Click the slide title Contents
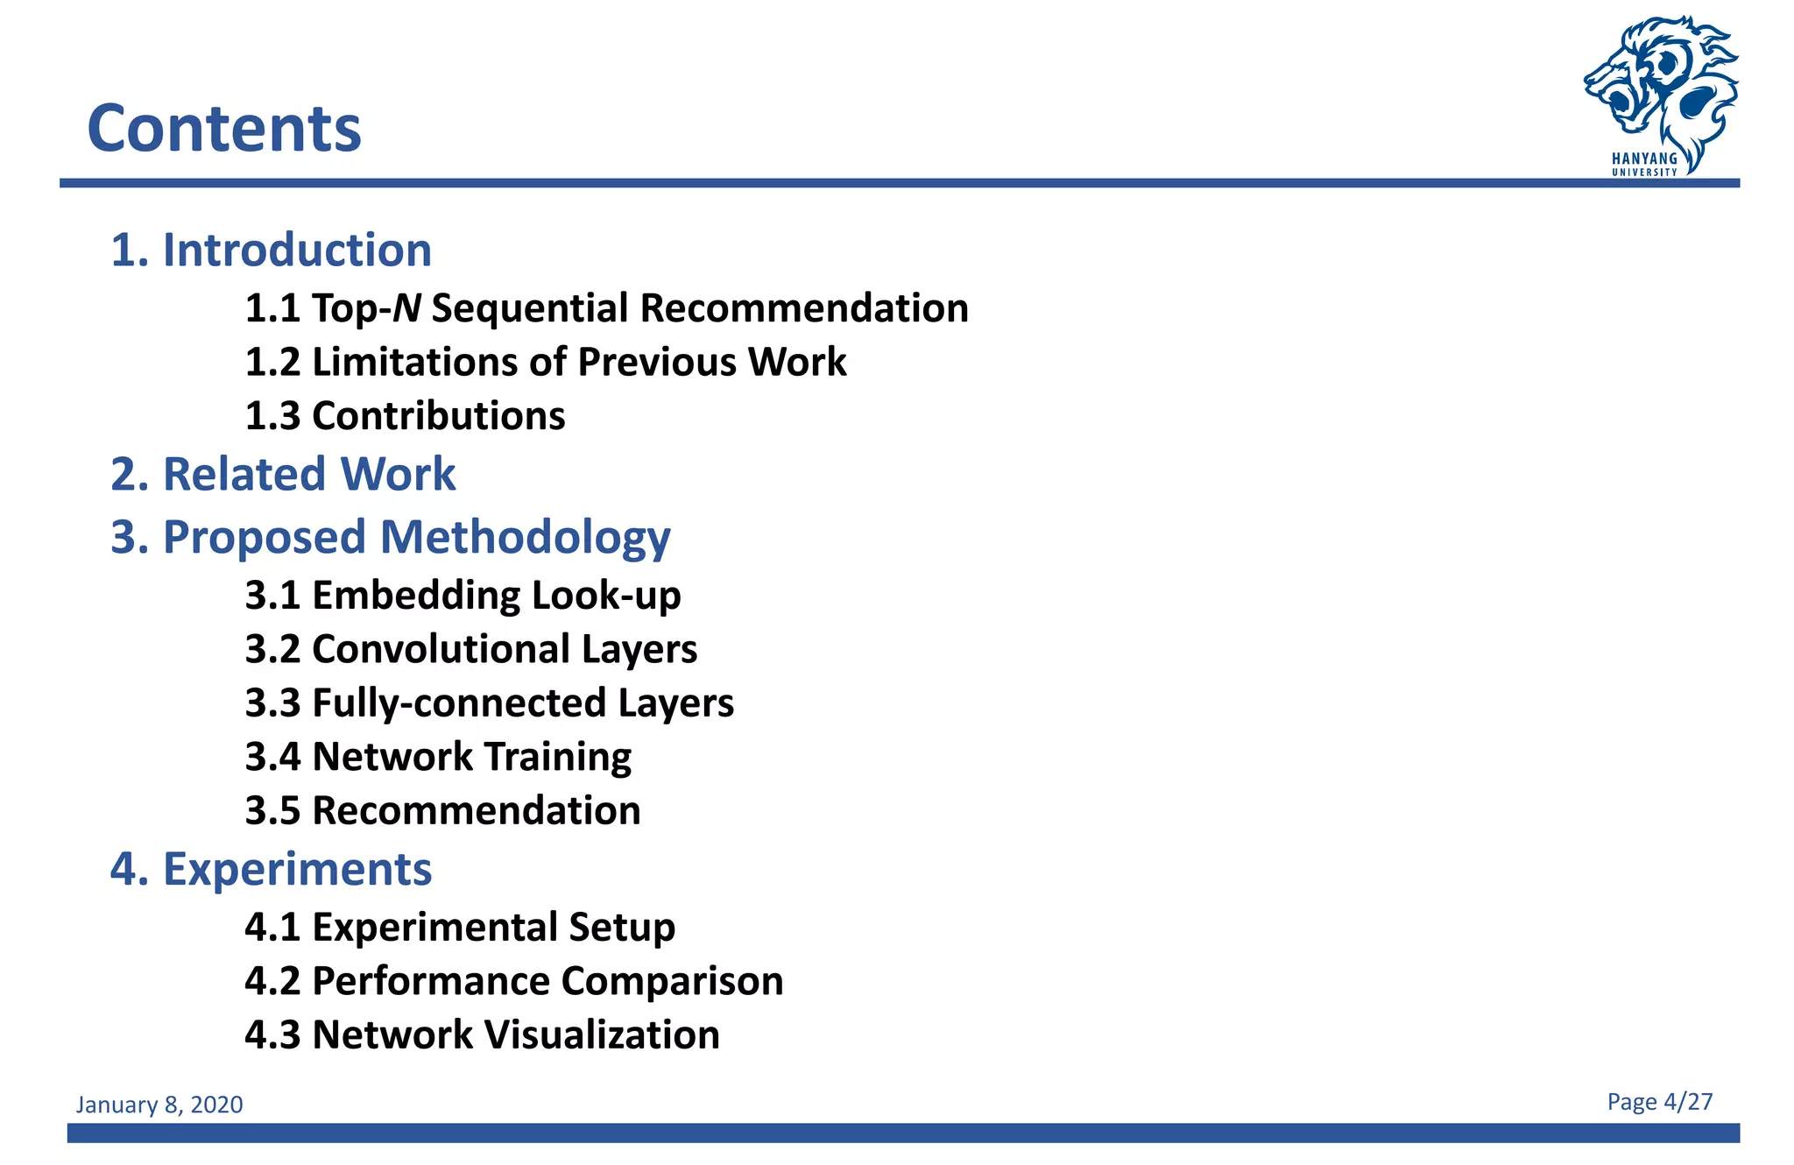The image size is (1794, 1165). pos(224,129)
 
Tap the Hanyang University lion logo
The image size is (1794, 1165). pos(1660,92)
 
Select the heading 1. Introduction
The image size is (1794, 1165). pos(271,251)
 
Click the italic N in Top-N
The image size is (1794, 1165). pos(406,308)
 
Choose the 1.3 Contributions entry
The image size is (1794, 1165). pos(405,416)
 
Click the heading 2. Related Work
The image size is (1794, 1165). pos(283,474)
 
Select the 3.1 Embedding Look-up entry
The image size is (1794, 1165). pos(463,596)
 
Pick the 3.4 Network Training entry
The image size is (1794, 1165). pos(438,757)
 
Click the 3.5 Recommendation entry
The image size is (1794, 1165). pos(442,811)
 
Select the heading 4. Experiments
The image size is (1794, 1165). pos(271,869)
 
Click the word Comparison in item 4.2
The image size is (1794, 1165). pos(672,981)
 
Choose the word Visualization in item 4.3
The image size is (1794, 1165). pos(603,1034)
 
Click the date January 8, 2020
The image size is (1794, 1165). pos(159,1105)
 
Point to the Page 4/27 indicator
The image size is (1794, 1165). pos(1659,1102)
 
